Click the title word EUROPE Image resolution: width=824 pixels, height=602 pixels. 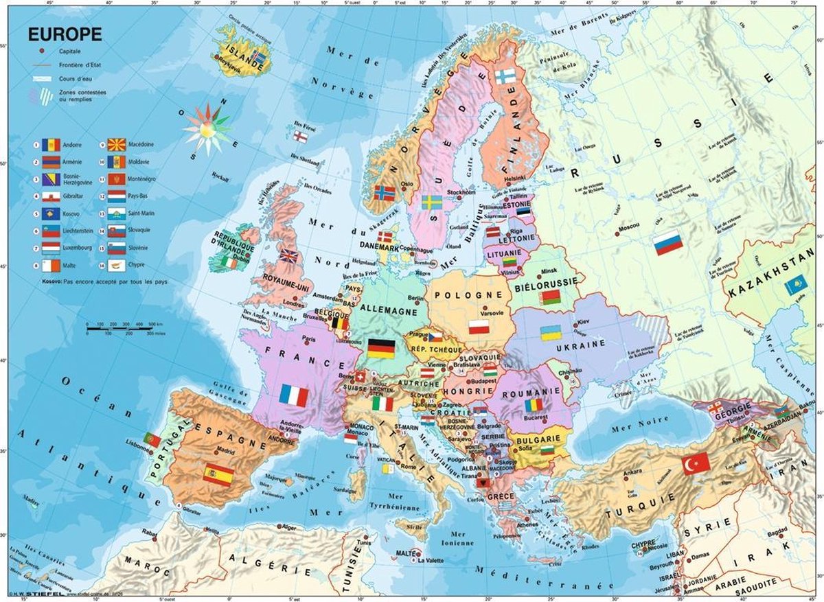65,34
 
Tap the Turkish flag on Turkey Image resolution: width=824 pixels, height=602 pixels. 696,464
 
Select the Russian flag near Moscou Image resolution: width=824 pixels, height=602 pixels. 667,243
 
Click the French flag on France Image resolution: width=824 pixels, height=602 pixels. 293,395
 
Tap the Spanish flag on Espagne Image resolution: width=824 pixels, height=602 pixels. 218,474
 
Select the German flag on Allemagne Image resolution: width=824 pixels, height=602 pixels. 380,348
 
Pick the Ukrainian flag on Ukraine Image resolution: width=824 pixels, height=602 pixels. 551,333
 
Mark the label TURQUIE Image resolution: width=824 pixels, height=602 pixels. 629,512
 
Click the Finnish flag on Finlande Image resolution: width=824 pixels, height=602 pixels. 506,76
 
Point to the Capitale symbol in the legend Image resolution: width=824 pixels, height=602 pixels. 43,51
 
